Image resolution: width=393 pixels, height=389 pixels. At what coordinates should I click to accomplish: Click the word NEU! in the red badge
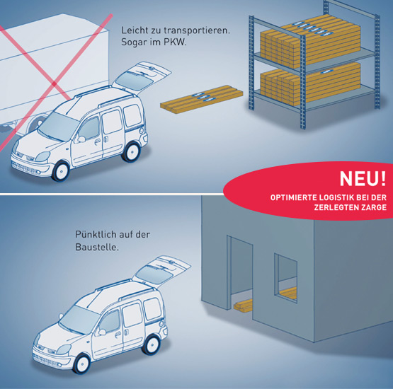[x=363, y=178]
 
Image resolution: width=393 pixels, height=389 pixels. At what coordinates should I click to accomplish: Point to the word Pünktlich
[x=96, y=235]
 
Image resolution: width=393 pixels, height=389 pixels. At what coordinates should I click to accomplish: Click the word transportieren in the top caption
[x=197, y=30]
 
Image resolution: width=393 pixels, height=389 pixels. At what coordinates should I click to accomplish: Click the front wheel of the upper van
[x=60, y=171]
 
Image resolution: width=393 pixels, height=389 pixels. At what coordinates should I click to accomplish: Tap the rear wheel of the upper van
[x=131, y=152]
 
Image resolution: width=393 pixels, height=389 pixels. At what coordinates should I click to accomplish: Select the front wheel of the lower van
[x=82, y=364]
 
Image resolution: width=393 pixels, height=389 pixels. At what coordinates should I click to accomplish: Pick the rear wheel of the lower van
[x=151, y=345]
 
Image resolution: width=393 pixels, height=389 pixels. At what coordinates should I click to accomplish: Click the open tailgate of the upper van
[x=142, y=77]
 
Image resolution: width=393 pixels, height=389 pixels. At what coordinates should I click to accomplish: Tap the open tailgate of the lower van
[x=161, y=270]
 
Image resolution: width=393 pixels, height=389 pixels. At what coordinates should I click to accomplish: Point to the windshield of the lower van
[x=79, y=320]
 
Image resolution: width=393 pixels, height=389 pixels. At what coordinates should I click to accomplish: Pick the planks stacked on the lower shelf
[x=310, y=84]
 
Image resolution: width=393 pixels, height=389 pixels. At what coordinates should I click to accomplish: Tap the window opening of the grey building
[x=286, y=278]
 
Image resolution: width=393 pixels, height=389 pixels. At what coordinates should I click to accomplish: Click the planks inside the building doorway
[x=243, y=306]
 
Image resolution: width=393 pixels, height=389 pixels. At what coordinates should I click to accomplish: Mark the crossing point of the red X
[x=53, y=84]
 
